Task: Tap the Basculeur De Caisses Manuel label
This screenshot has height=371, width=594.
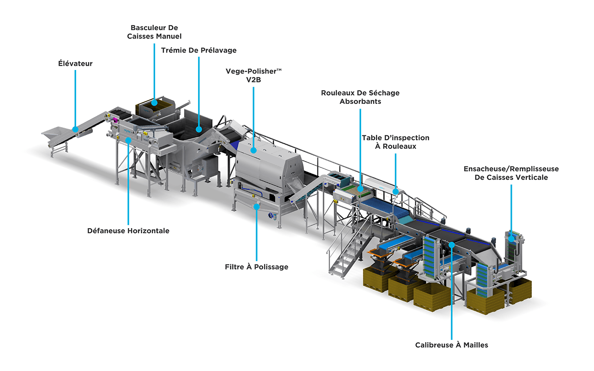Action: pos(154,32)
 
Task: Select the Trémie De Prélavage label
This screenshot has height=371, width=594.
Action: pos(199,50)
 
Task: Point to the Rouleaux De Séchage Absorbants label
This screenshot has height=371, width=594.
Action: pos(360,97)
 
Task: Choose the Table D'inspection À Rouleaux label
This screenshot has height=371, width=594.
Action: pos(395,142)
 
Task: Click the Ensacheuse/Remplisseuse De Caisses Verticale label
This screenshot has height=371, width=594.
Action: pos(511,173)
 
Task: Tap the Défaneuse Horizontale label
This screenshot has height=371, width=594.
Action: pos(129,230)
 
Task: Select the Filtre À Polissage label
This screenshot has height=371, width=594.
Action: pos(257,267)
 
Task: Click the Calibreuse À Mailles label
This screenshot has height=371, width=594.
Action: pos(452,345)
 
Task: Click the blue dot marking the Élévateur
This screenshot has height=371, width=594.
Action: pos(75,129)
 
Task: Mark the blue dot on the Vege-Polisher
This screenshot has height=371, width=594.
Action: pos(254,150)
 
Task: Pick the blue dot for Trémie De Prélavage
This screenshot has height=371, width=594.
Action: pos(199,129)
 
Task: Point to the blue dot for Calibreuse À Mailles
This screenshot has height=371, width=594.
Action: pos(452,244)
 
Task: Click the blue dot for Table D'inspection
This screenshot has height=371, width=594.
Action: pos(396,191)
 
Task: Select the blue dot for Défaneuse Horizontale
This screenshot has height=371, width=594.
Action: pos(129,139)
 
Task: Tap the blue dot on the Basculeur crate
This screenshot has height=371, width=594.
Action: pos(154,102)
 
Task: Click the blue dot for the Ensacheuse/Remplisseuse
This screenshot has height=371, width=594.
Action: pos(511,239)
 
